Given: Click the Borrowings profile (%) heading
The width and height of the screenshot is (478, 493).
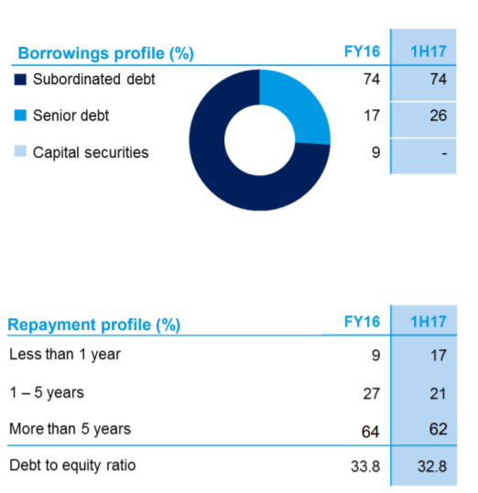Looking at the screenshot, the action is tap(105, 53).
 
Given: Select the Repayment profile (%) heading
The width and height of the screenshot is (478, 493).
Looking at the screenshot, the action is tap(94, 324).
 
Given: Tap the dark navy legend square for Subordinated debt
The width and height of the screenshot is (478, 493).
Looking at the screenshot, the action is tap(20, 79).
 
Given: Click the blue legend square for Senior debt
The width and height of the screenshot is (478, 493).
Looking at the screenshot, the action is tap(20, 115).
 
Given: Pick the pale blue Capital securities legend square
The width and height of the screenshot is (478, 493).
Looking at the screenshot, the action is tap(20, 151).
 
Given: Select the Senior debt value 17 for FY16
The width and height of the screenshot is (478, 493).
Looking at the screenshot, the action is tap(372, 115).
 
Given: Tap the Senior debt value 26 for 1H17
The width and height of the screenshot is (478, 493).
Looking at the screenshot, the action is tap(438, 115).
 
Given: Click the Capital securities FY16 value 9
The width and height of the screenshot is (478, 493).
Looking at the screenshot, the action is tap(375, 152).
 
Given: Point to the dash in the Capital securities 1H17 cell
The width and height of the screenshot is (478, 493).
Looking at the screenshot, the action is tap(444, 153).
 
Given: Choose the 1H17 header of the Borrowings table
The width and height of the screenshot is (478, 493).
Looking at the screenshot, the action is tap(429, 51).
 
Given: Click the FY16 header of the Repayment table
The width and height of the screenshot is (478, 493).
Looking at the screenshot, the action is tap(362, 322).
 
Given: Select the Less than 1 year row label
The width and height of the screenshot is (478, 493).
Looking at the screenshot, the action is tap(65, 355).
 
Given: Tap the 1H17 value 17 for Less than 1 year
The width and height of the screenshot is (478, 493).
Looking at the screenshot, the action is tap(438, 356).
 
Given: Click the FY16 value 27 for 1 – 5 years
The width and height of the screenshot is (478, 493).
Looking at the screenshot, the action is tap(372, 394).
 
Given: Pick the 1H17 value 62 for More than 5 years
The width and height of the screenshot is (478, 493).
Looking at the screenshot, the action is tap(438, 429).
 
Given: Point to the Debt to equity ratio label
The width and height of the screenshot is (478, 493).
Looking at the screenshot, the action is tap(72, 466).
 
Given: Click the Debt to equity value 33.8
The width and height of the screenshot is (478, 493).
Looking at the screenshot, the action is tap(365, 466).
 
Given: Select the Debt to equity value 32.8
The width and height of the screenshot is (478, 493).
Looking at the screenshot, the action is tap(432, 466).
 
